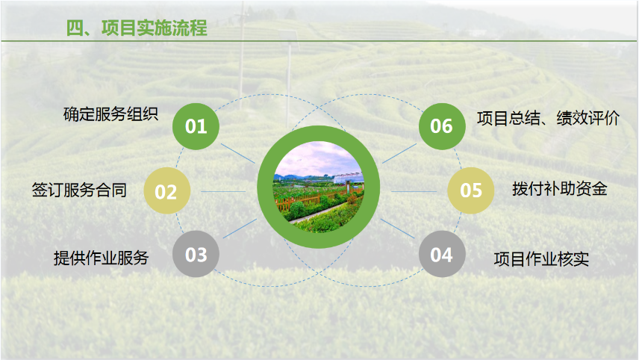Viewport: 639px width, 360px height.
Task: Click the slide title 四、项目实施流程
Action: click(x=137, y=28)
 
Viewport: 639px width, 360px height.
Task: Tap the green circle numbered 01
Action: click(x=196, y=126)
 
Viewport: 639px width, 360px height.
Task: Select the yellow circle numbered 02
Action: click(x=167, y=190)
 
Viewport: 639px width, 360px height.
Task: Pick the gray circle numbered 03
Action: click(x=196, y=254)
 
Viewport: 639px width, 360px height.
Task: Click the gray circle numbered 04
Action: click(x=442, y=254)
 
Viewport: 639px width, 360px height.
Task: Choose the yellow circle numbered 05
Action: click(x=471, y=190)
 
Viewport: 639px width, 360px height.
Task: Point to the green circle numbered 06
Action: click(x=442, y=126)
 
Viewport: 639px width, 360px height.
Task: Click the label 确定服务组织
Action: click(x=110, y=114)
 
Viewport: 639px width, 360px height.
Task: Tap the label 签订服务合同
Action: click(x=79, y=190)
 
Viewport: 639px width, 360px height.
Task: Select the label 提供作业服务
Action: click(x=101, y=258)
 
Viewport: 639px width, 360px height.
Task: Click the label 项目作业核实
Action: click(x=541, y=259)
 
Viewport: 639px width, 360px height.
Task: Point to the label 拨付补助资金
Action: click(x=560, y=189)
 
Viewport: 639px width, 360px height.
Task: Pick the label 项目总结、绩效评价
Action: click(x=548, y=118)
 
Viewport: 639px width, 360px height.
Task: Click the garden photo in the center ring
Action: click(x=318, y=187)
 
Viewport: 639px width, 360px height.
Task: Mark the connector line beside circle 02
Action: click(x=223, y=191)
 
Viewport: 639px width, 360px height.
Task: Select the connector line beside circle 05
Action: click(x=414, y=191)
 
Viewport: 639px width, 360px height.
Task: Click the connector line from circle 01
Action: click(x=238, y=153)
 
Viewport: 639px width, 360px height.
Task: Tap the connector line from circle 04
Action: click(x=397, y=229)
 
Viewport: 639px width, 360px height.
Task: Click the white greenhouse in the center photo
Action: click(x=348, y=178)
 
